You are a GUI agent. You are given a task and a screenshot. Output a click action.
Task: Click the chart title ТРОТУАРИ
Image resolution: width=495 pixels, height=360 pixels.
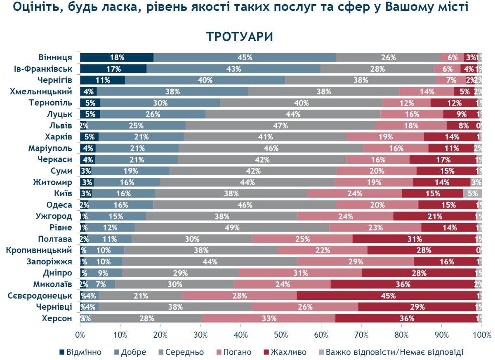[x=240, y=37]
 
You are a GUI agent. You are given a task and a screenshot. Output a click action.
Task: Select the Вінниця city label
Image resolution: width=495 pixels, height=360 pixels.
[x=55, y=57]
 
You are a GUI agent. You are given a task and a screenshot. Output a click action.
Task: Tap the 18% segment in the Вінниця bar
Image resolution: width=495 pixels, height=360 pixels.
[x=117, y=58]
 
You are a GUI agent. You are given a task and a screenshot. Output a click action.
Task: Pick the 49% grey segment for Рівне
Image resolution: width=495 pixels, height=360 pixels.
[x=232, y=228]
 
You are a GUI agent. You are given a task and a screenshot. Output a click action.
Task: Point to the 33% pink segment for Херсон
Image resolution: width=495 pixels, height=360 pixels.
[x=269, y=318]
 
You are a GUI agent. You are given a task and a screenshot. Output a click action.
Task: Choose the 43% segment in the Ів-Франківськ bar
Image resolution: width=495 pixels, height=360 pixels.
[x=233, y=69]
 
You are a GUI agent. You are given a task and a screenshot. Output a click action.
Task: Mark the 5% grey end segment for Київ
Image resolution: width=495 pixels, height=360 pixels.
[x=472, y=193]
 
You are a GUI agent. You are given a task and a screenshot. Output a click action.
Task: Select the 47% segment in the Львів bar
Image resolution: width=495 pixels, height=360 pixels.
[x=280, y=125]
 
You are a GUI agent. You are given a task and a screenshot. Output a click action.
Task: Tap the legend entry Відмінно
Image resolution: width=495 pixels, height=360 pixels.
[x=80, y=352]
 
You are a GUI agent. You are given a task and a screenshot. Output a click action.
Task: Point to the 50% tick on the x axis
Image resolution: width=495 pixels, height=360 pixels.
[x=281, y=336]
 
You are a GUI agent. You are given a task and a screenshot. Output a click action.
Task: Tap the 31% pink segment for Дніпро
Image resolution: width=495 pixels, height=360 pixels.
[x=300, y=273]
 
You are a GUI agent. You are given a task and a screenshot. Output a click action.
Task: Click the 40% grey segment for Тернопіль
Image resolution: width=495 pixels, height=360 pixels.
[x=301, y=103]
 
